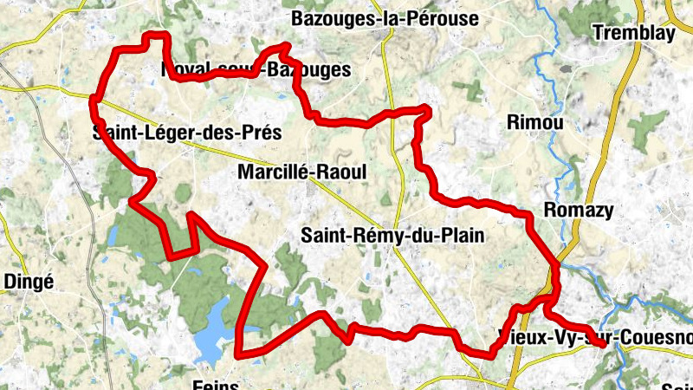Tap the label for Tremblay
634,33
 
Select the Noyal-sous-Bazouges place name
256,68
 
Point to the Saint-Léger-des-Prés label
187,133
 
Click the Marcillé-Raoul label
301,172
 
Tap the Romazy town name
578,210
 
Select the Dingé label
29,281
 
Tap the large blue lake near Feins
212,333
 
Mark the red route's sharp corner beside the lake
239,353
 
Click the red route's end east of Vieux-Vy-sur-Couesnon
602,345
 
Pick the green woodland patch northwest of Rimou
472,88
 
